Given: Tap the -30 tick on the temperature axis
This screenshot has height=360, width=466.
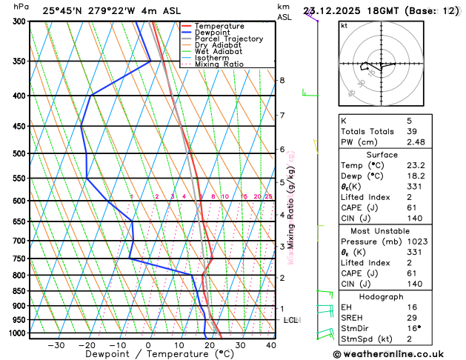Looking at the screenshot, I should pos(56,345).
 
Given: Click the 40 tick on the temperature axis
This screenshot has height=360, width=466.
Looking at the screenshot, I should pos(270,345).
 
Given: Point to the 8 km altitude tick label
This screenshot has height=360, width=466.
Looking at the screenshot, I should pos(282,80).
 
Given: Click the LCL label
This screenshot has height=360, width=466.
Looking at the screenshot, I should pos(290,320).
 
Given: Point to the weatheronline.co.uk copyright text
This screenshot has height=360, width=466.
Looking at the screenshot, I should pos(399,355).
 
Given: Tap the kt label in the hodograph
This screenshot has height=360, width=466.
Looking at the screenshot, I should pos(344,25).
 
